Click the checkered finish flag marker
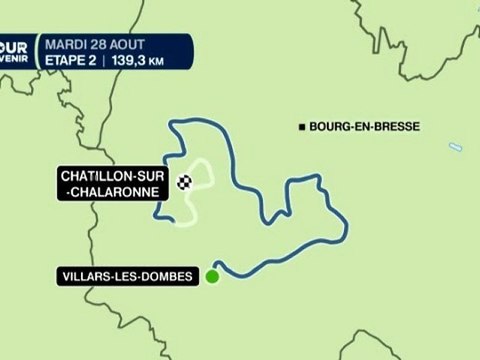[x=185, y=182]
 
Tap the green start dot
[x=212, y=277]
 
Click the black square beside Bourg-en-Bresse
[x=302, y=126]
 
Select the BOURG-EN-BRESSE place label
[x=363, y=126]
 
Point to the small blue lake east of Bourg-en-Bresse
[x=455, y=147]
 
